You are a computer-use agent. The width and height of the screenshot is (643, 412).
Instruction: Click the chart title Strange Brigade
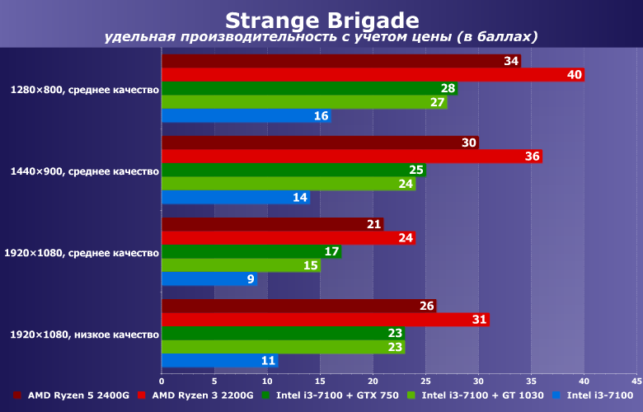tap(321, 20)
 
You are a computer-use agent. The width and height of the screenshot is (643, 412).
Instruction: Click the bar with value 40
tap(373, 75)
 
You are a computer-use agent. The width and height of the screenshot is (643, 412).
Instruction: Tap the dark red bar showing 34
tap(340, 61)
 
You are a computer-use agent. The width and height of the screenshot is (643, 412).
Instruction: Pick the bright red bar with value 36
tap(351, 157)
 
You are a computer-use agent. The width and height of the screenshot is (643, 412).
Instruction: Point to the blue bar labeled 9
tap(209, 279)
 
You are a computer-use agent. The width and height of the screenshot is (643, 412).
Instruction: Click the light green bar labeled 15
tap(240, 265)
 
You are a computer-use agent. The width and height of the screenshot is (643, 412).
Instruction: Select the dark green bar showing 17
tap(251, 251)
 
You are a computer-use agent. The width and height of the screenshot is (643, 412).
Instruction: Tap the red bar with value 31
tap(325, 320)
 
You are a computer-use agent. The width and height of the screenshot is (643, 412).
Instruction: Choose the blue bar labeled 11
tap(219, 361)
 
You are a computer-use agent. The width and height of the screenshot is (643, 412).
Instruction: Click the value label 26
tap(427, 307)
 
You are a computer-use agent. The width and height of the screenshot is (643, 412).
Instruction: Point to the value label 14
tap(300, 198)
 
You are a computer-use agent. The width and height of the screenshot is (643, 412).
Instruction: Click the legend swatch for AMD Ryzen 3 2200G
tap(142, 396)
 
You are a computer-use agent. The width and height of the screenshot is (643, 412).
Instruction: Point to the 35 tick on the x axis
tap(531, 381)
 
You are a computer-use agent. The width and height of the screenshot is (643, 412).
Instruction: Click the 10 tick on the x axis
tap(267, 381)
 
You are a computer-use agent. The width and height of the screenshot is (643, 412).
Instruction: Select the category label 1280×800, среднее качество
tap(84, 89)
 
